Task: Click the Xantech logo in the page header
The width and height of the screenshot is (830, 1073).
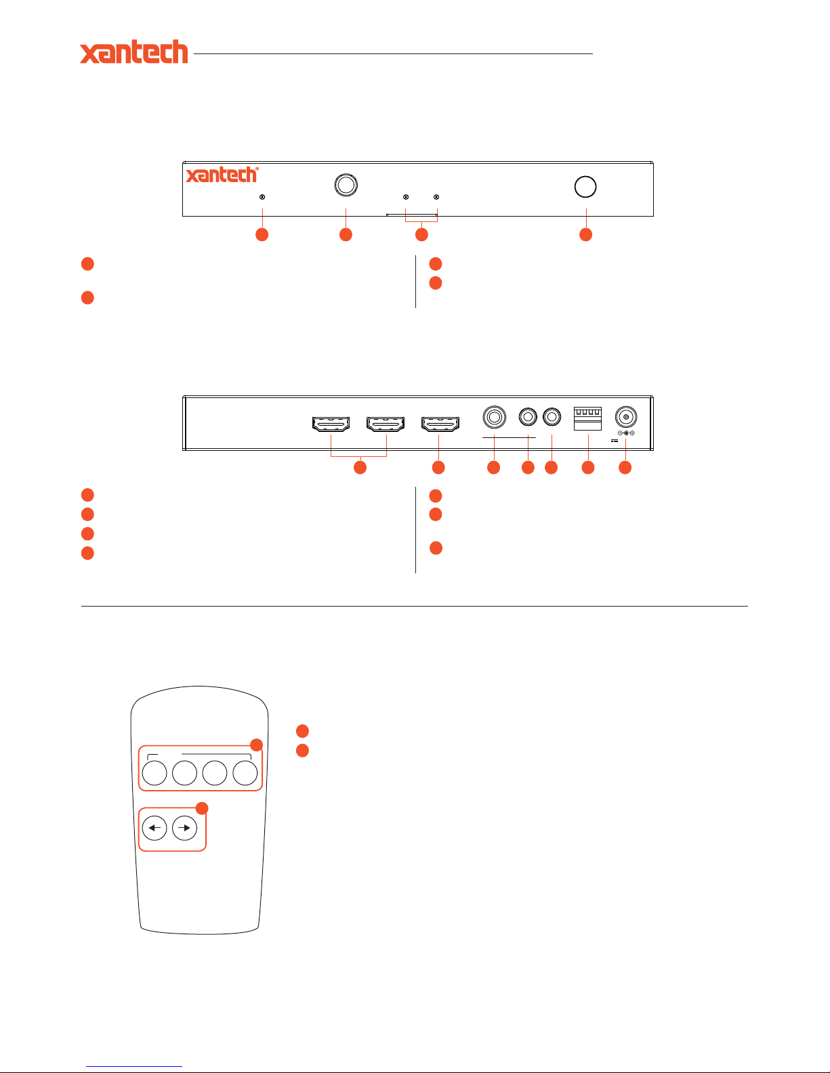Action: (x=134, y=51)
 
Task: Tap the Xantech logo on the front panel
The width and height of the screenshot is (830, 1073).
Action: (x=222, y=175)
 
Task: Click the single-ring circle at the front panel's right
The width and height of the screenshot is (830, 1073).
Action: (x=585, y=187)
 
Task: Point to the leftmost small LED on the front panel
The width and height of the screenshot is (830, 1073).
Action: (x=262, y=197)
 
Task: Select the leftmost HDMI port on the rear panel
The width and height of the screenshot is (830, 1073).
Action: (x=331, y=424)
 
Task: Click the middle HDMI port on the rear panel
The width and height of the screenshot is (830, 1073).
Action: (x=386, y=424)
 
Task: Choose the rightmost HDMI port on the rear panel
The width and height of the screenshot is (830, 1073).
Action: (x=440, y=424)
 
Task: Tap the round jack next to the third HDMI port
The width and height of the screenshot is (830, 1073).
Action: (x=495, y=417)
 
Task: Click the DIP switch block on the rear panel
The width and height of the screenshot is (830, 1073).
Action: (x=587, y=418)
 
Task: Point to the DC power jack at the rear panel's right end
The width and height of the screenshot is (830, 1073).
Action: (x=626, y=417)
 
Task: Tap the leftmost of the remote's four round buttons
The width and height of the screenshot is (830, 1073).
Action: (x=154, y=773)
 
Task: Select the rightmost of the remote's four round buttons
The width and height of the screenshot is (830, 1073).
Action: (x=245, y=773)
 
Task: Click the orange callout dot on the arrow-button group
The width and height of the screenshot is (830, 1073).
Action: (x=202, y=808)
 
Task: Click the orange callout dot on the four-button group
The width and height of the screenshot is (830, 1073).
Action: (x=256, y=745)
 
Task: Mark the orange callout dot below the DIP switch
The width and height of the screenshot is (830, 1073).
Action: (x=588, y=468)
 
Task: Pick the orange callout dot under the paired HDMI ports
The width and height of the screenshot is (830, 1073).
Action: (x=360, y=468)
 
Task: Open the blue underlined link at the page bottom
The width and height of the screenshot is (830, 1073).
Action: (x=134, y=1067)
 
